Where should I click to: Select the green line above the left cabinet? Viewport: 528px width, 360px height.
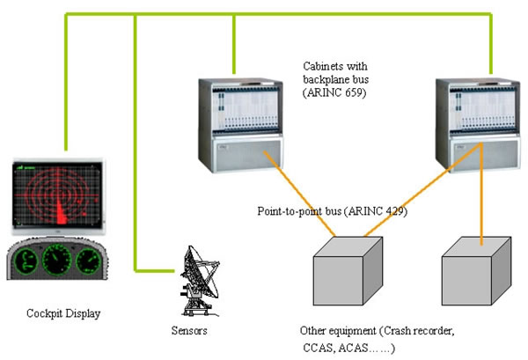[x=234, y=44]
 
